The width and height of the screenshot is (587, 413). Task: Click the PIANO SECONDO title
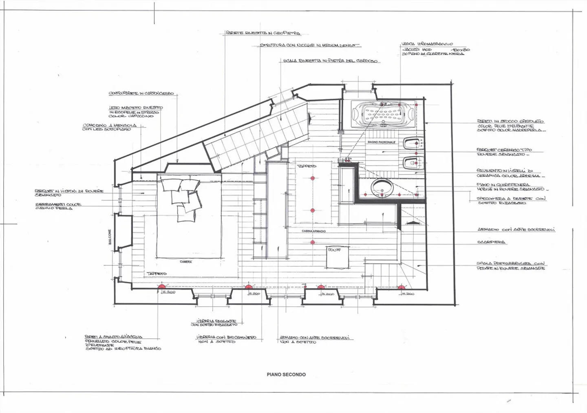(x=286, y=374)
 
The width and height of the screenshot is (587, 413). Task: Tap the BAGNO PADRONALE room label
(x=381, y=142)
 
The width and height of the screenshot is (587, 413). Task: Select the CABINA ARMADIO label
(x=313, y=231)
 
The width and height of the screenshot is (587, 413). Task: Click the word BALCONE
(x=110, y=237)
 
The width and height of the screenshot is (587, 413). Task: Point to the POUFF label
(x=334, y=250)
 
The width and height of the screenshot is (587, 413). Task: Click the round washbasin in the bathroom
(x=382, y=187)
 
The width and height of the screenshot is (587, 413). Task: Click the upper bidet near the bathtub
(x=412, y=144)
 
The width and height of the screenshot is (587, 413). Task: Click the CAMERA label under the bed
(x=186, y=262)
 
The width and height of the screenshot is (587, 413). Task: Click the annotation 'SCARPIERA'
(x=491, y=242)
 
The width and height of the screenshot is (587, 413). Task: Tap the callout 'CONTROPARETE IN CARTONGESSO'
(x=141, y=93)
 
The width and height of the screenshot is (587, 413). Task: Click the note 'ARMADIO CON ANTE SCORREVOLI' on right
(x=516, y=230)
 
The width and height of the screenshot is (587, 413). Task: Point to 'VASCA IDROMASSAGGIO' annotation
(x=427, y=44)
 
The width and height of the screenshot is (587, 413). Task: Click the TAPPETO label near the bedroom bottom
(x=157, y=274)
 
